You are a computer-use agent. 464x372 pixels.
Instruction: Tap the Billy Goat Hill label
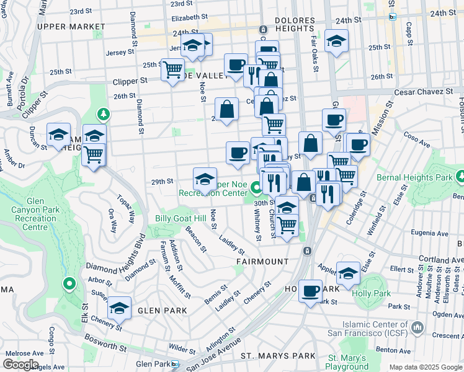pyautogui.click(x=181, y=219)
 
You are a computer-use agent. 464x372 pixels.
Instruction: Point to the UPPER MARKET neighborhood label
pyautogui.click(x=71, y=27)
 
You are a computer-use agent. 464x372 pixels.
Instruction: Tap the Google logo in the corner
pyautogui.click(x=20, y=365)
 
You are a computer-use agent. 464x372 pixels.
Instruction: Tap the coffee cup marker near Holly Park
pyautogui.click(x=310, y=290)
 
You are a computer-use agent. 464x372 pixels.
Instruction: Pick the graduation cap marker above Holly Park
pyautogui.click(x=348, y=272)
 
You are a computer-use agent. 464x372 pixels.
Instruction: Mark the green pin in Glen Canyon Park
pyautogui.click(x=69, y=284)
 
